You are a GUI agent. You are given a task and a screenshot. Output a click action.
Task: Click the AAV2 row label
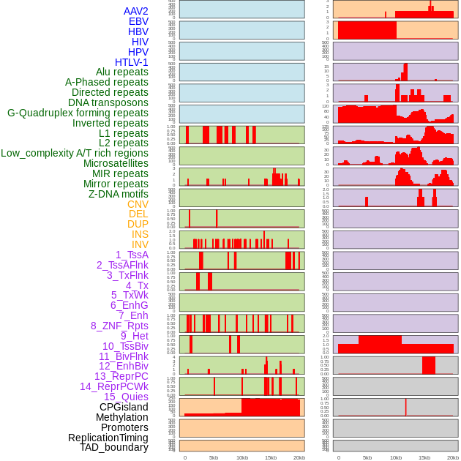pos(136,11)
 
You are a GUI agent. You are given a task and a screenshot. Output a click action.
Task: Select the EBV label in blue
pos(138,21)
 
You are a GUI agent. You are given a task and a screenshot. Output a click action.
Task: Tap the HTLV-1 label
pos(132,62)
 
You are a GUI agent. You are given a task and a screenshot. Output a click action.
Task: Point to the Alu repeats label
pos(122,72)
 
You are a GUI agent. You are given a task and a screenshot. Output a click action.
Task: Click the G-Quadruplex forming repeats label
pos(78,113)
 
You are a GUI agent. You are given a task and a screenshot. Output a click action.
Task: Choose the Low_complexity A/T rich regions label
pos(75,153)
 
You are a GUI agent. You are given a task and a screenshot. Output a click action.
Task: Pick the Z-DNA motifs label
pos(119,194)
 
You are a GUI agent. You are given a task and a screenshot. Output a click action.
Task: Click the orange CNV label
pos(138,204)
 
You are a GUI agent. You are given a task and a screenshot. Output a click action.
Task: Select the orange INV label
pos(140,244)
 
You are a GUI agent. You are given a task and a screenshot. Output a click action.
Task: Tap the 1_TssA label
pos(132,255)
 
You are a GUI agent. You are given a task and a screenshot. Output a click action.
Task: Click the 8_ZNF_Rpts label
pos(119,326)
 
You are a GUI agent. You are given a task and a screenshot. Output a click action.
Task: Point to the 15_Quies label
pos(126,397)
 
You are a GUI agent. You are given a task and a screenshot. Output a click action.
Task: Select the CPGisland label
pos(124,407)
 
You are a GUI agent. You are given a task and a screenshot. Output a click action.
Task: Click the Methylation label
pos(121,417)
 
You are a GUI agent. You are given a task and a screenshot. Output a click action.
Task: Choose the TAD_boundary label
pos(114,447)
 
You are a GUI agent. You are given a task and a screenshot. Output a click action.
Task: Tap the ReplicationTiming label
pos(108,438)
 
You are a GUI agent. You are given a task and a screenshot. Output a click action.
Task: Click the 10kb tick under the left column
pos(242,457)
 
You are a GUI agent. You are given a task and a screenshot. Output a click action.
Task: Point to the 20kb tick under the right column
pos(453,457)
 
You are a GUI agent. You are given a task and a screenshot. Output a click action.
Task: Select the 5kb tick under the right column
pos(367,457)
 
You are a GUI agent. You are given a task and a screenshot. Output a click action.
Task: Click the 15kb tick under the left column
pos(271,457)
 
